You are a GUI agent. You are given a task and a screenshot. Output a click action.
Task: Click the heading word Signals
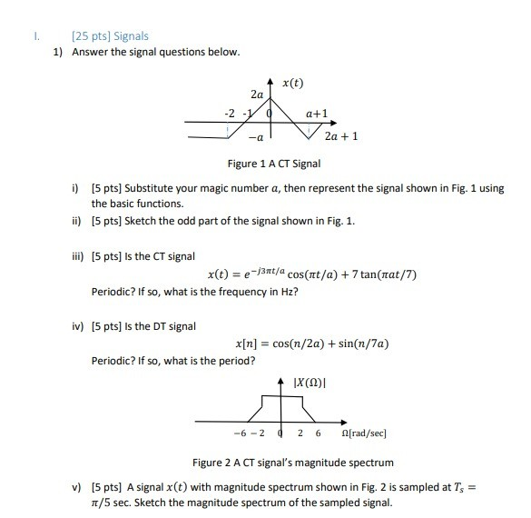click(x=130, y=35)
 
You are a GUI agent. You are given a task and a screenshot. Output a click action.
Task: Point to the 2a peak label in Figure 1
click(x=257, y=94)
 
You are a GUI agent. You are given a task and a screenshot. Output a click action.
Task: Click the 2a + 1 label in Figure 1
click(x=341, y=136)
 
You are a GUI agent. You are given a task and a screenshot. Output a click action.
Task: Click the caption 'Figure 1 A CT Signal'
click(x=274, y=164)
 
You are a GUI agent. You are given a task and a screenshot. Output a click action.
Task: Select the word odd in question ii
click(x=192, y=221)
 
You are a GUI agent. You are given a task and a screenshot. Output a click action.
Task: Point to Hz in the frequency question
click(x=280, y=293)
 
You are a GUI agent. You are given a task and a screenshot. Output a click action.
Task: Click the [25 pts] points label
click(x=87, y=35)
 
